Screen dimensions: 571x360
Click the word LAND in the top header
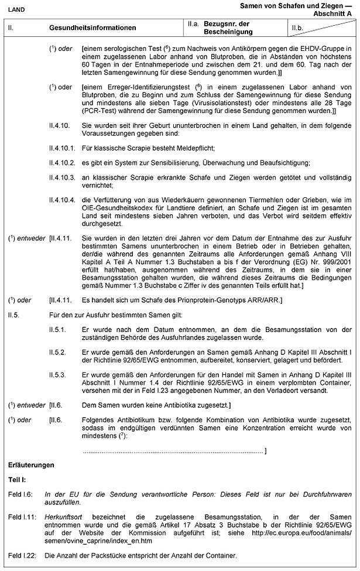tap(16, 8)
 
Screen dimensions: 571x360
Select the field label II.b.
tap(299, 28)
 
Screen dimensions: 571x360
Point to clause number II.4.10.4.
tap(63, 199)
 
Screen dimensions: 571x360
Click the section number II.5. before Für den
tap(14, 314)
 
